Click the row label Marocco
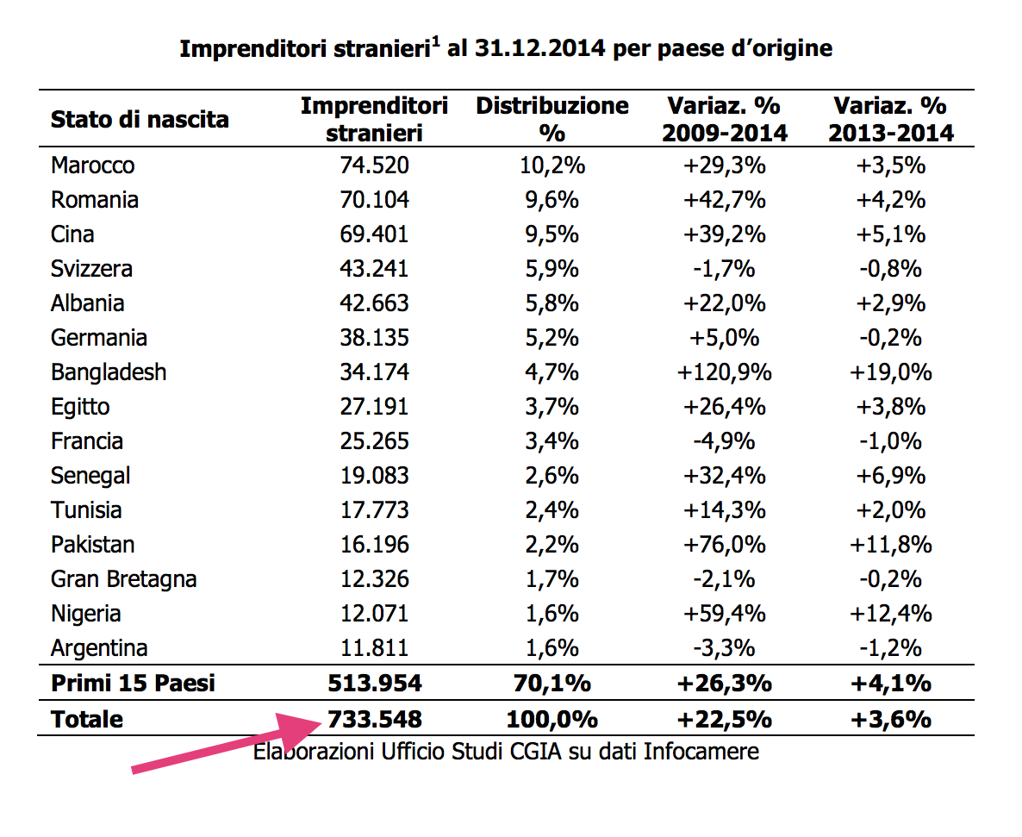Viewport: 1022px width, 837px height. pos(93,166)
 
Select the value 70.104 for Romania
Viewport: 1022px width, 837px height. pos(374,200)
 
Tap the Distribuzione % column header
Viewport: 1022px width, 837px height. pos(552,119)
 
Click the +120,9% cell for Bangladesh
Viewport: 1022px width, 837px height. pos(724,372)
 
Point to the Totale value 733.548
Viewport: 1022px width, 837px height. pos(374,719)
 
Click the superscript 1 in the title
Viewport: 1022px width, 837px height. pos(437,41)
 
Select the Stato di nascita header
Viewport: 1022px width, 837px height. pos(140,119)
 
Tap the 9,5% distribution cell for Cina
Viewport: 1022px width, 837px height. pos(552,234)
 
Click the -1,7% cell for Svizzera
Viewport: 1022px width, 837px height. pos(724,269)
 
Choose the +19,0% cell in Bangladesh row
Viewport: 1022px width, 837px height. pos(891,372)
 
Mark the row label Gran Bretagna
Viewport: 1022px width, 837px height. pos(123,579)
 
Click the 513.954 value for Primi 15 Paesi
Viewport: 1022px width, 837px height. pos(374,684)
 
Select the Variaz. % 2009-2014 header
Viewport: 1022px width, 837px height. pos(724,119)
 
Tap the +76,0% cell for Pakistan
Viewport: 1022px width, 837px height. pos(724,545)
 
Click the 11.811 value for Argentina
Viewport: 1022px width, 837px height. pos(374,648)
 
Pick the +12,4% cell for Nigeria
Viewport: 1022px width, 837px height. pos(891,614)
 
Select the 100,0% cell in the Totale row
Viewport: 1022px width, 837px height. pos(552,719)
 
